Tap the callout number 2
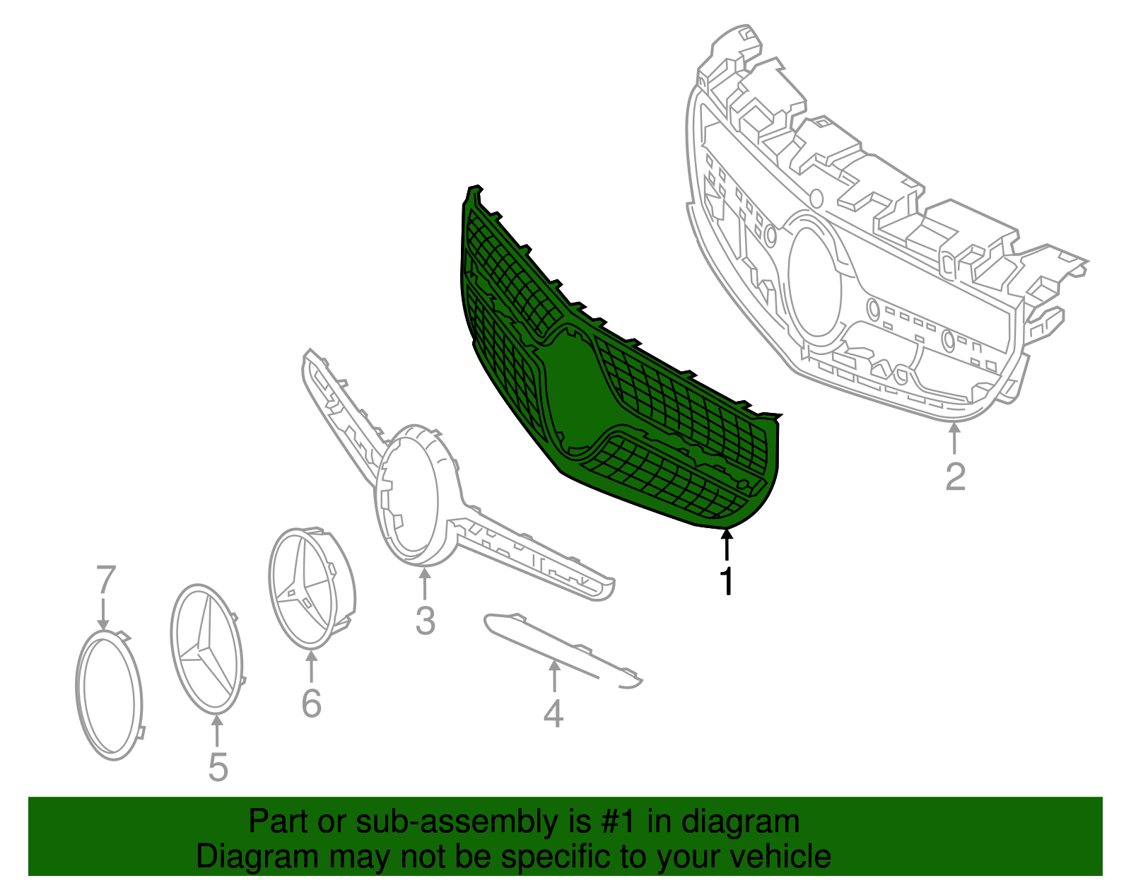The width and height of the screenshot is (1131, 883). pyautogui.click(x=955, y=476)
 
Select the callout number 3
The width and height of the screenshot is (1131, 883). pyautogui.click(x=426, y=620)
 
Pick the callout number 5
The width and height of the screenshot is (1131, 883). pyautogui.click(x=218, y=767)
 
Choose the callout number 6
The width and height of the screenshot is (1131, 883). pyautogui.click(x=311, y=703)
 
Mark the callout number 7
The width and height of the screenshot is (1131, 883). pyautogui.click(x=105, y=579)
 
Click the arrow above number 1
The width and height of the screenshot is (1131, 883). pyautogui.click(x=727, y=544)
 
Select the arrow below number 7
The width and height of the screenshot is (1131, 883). pyautogui.click(x=103, y=614)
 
